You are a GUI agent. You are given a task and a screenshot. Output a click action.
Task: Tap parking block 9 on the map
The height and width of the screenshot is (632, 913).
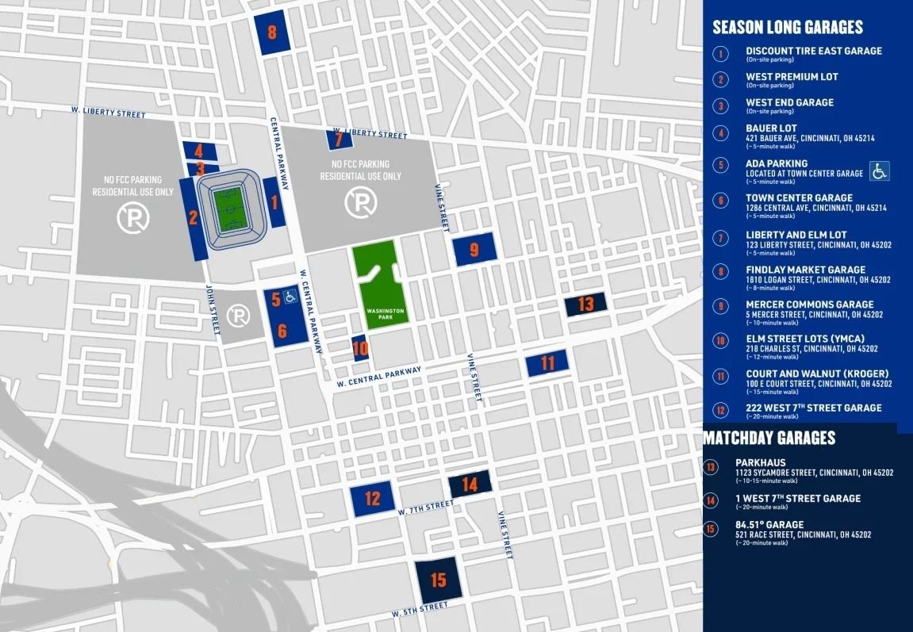(x=474, y=249)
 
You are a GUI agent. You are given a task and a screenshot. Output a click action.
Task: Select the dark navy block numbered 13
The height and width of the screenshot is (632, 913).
(x=585, y=304)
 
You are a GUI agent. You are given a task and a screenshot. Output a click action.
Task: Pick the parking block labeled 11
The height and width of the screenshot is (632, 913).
(x=547, y=363)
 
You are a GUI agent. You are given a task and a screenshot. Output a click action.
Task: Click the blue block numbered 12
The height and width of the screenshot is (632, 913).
(x=372, y=499)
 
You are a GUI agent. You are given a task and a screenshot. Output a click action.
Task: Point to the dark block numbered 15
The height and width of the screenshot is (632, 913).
(x=438, y=580)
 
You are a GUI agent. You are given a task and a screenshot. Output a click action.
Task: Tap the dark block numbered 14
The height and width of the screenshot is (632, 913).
(x=470, y=484)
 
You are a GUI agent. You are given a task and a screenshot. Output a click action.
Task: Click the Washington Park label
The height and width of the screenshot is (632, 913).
(x=385, y=312)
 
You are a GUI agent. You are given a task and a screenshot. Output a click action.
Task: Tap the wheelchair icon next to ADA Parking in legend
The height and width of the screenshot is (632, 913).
(x=879, y=170)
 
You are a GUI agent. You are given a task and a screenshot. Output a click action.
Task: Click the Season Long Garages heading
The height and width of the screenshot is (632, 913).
(x=787, y=27)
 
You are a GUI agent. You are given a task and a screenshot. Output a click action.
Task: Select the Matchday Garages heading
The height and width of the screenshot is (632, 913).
(x=769, y=438)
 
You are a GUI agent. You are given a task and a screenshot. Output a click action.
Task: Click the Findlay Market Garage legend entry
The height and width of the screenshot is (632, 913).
(x=805, y=270)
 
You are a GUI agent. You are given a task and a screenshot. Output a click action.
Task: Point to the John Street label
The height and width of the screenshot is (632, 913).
(x=212, y=311)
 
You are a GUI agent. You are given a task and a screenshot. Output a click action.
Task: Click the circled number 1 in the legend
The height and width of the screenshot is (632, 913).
(x=720, y=54)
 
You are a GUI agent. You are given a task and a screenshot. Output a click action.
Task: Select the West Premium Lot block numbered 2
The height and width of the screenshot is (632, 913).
(x=193, y=217)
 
